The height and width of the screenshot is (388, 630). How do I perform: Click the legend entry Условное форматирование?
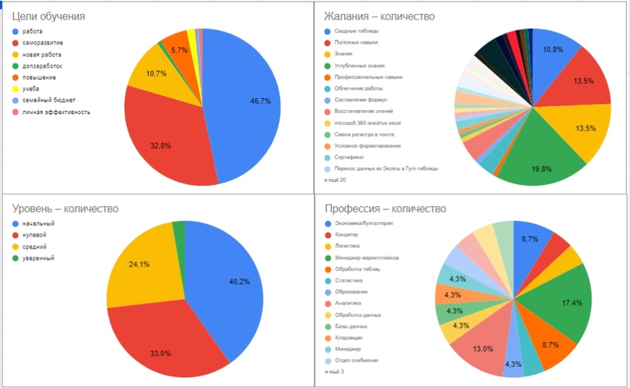pyautogui.click(x=368, y=145)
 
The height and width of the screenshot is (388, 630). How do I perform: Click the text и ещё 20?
pyautogui.click(x=335, y=180)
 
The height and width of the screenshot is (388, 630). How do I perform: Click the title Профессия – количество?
pyautogui.click(x=385, y=208)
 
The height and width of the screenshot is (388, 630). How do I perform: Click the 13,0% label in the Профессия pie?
pyautogui.click(x=482, y=349)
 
